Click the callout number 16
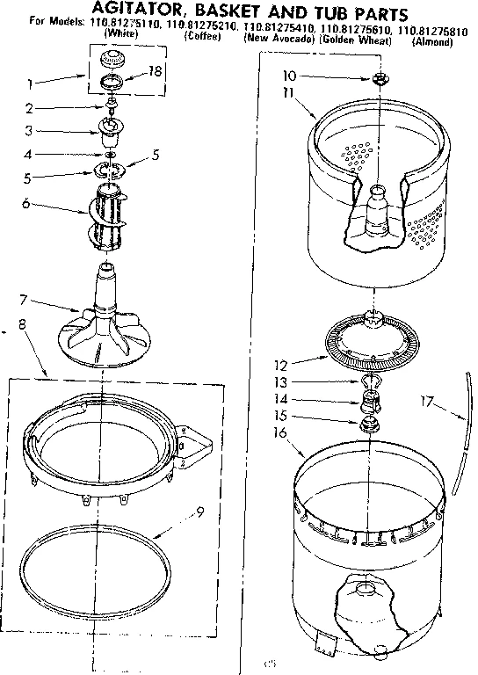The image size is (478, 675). click(x=281, y=432)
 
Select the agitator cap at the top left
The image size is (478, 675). click(x=112, y=60)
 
